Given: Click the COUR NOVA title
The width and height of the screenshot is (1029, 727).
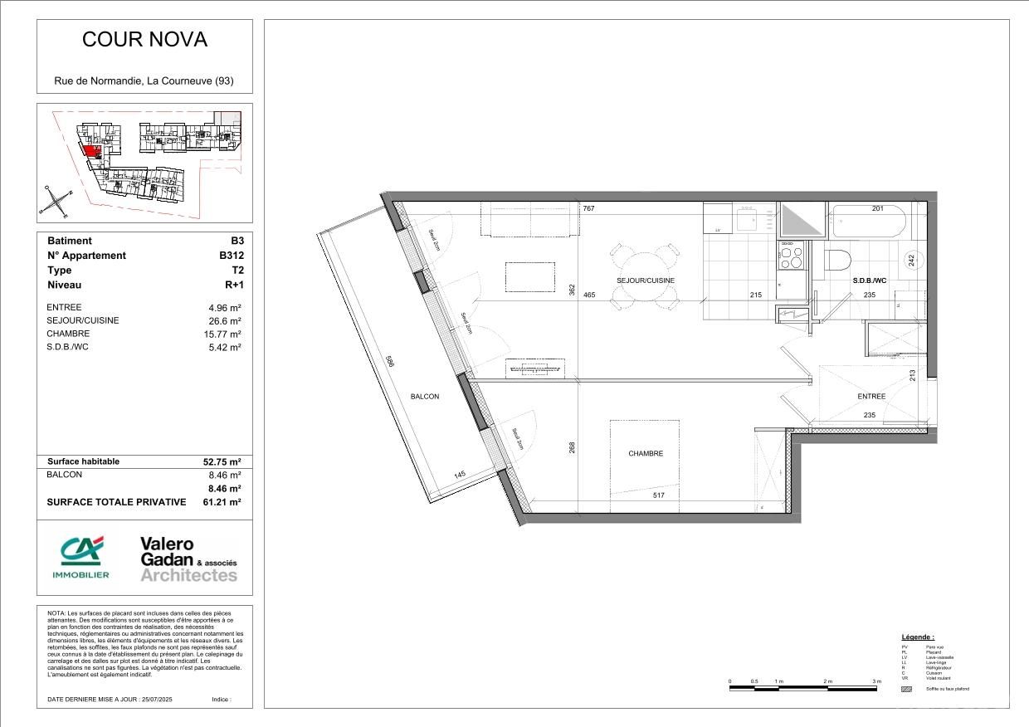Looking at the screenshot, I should point(144,39).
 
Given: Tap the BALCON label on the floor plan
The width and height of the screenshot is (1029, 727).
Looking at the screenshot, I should point(425,397).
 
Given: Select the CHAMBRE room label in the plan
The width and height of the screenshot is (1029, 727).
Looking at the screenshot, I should point(645,453).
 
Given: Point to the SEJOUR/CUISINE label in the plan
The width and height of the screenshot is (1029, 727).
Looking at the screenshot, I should point(645,281).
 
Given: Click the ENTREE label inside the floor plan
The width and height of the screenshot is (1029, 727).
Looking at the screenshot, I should point(871,397).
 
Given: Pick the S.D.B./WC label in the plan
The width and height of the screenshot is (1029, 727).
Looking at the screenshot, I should point(870,281).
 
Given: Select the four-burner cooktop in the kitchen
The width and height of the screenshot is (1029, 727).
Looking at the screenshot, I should point(791,255).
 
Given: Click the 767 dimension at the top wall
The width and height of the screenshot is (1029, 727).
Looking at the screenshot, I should point(589,208).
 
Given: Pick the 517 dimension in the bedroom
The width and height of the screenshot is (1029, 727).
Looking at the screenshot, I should point(659,495).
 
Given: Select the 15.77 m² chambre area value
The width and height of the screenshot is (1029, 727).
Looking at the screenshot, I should point(225,334).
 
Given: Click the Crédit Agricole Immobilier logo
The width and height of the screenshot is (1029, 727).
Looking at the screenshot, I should point(80,557).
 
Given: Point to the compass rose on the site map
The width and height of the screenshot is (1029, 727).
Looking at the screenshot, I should point(56,200).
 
